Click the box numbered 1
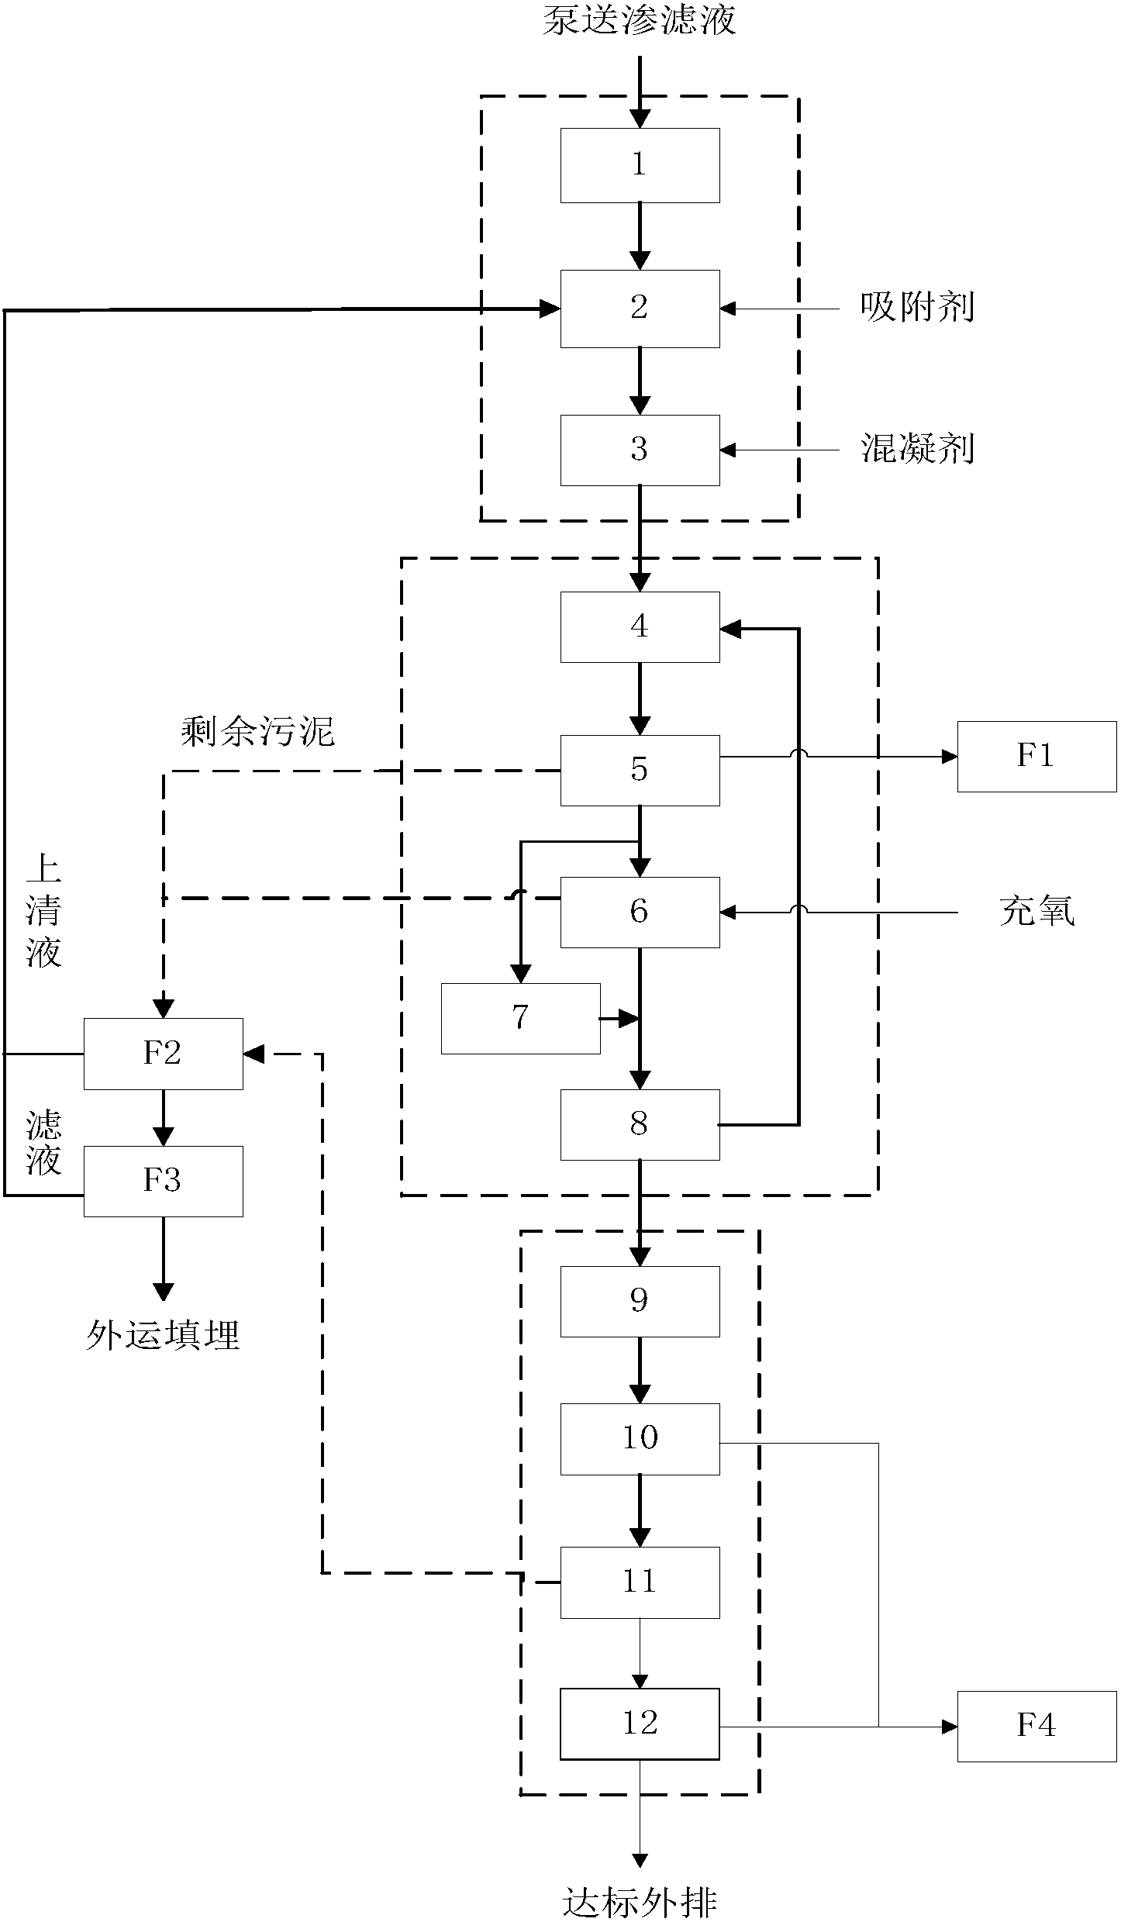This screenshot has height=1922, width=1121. [x=640, y=165]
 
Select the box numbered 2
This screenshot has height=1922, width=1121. [x=640, y=308]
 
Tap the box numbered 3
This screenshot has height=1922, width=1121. [x=640, y=450]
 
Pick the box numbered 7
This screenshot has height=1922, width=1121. [x=520, y=1018]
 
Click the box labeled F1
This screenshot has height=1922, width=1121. [x=1036, y=756]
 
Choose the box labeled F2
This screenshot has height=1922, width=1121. [x=163, y=1054]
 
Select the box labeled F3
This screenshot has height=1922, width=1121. [x=163, y=1181]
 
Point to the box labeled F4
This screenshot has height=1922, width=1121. [x=1036, y=1726]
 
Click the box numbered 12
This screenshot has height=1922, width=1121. [x=640, y=1724]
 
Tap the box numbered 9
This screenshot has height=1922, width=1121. [x=640, y=1301]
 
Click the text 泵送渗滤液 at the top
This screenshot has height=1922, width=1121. [x=639, y=19]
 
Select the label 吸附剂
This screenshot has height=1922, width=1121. [x=917, y=308]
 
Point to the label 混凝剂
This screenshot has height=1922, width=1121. [x=917, y=449]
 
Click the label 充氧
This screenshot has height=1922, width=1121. [x=1036, y=911]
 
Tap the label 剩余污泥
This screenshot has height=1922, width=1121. [x=257, y=731]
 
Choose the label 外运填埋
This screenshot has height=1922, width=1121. [x=163, y=1335]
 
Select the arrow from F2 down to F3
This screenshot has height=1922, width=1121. [x=163, y=1118]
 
